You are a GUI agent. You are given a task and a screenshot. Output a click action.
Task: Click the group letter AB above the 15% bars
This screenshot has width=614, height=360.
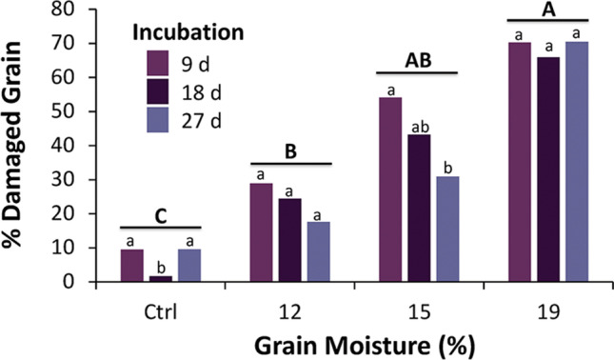[417, 58]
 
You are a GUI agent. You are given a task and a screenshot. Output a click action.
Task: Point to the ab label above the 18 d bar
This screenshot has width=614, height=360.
[420, 126]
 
